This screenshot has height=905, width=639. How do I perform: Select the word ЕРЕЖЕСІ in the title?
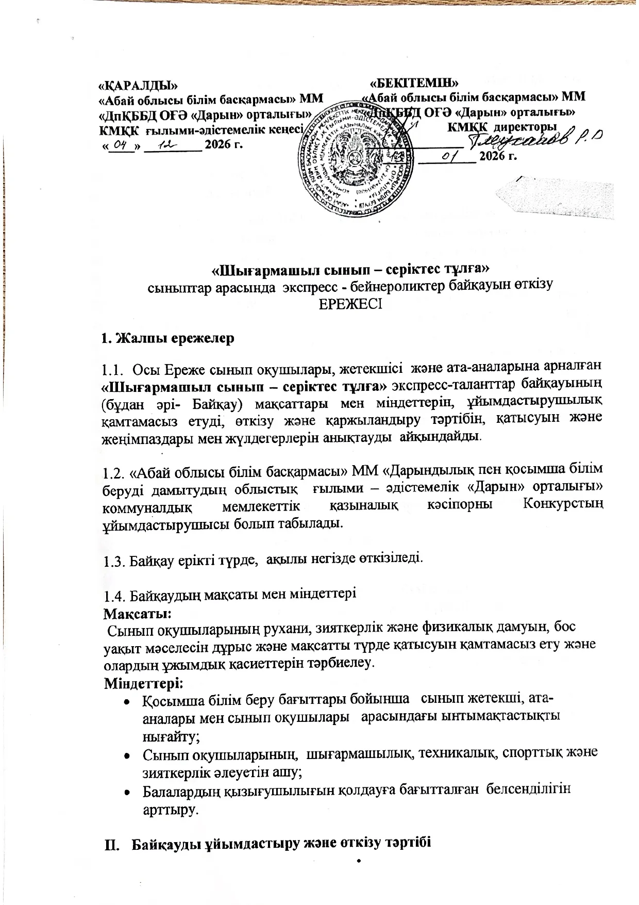pyautogui.click(x=350, y=304)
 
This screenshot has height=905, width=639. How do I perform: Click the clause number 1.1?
pyautogui.click(x=112, y=370)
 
